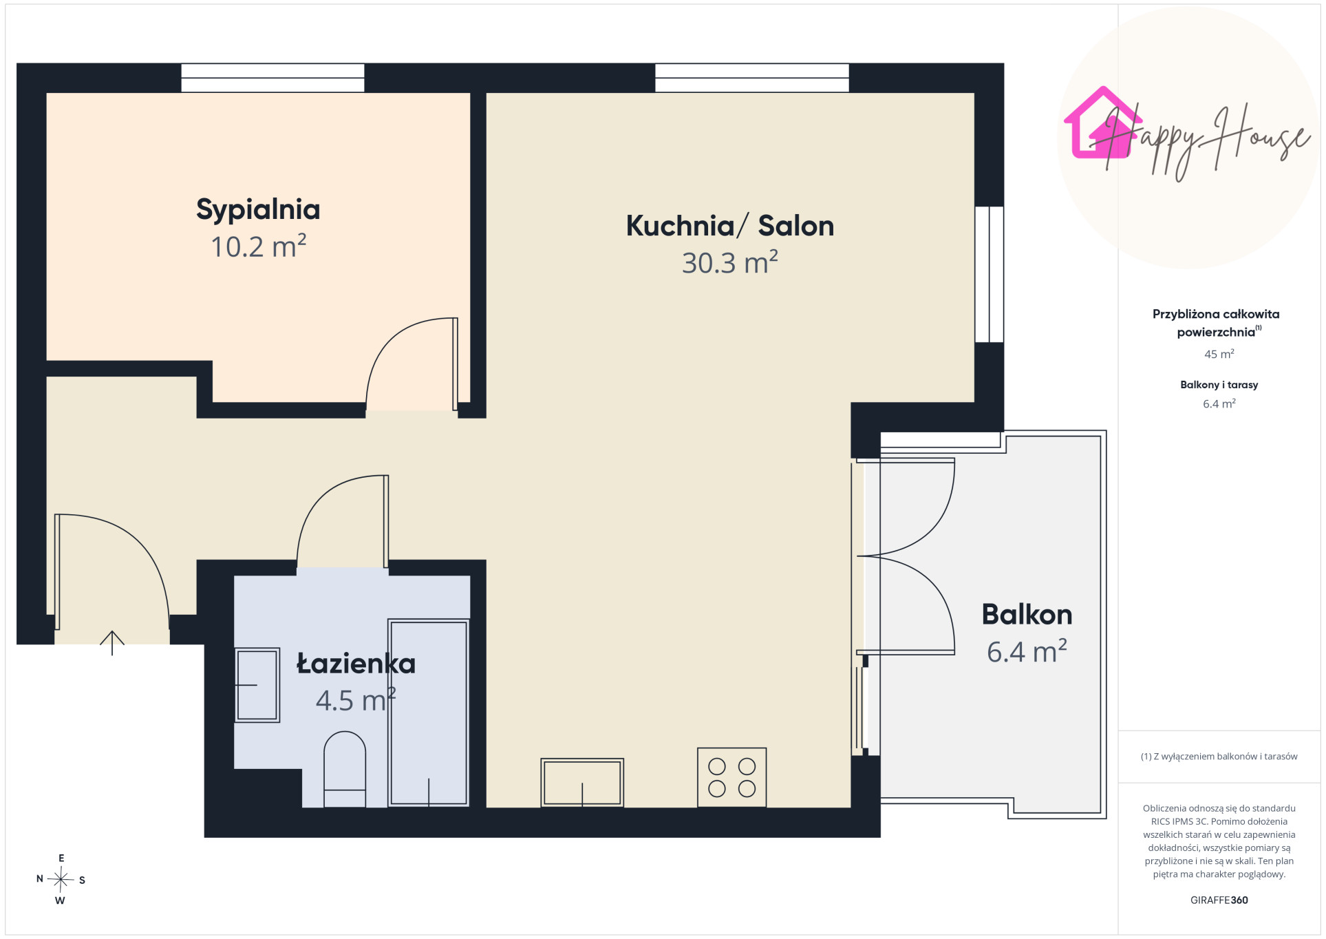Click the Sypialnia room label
pyautogui.click(x=258, y=209)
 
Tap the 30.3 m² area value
pyautogui.click(x=730, y=262)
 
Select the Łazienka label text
pyautogui.click(x=356, y=664)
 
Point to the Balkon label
pyautogui.click(x=1027, y=614)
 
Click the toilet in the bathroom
pyautogui.click(x=345, y=769)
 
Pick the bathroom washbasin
pyautogui.click(x=257, y=685)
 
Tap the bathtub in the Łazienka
pyautogui.click(x=429, y=713)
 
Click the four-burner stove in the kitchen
pyautogui.click(x=731, y=777)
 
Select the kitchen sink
pyautogui.click(x=582, y=783)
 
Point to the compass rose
pyautogui.click(x=61, y=879)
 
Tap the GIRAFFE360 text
pyautogui.click(x=1219, y=900)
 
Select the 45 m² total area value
pyautogui.click(x=1219, y=354)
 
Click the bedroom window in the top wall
pyautogui.click(x=272, y=78)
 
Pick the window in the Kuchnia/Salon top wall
pyautogui.click(x=752, y=78)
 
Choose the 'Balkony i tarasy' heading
pyautogui.click(x=1219, y=385)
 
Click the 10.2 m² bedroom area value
pyautogui.click(x=258, y=246)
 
